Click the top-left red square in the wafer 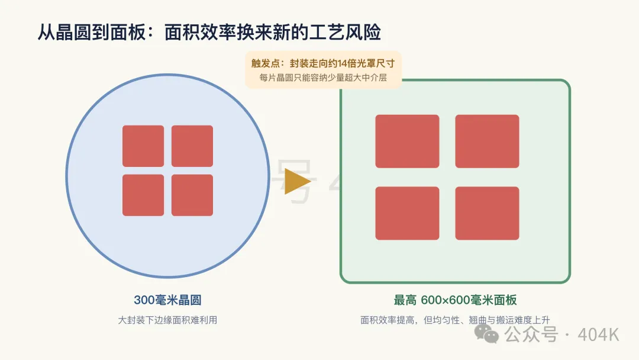pyautogui.click(x=143, y=146)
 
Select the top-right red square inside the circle pyautogui.click(x=192, y=146)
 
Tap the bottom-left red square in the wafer pyautogui.click(x=143, y=195)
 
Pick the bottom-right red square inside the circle pyautogui.click(x=192, y=195)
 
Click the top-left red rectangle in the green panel pyautogui.click(x=407, y=141)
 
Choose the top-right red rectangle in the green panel pyautogui.click(x=487, y=141)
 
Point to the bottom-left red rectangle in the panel pyautogui.click(x=407, y=213)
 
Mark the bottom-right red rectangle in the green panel pyautogui.click(x=487, y=213)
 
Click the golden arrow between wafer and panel pyautogui.click(x=296, y=181)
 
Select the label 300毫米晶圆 pyautogui.click(x=167, y=300)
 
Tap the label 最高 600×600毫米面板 pyautogui.click(x=455, y=300)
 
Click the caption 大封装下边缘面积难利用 pyautogui.click(x=167, y=320)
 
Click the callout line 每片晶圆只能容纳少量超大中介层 pyautogui.click(x=323, y=78)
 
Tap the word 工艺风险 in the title pyautogui.click(x=345, y=32)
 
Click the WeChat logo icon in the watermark pyautogui.click(x=486, y=333)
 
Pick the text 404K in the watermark pyautogui.click(x=598, y=335)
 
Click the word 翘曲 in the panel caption pyautogui.click(x=477, y=320)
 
